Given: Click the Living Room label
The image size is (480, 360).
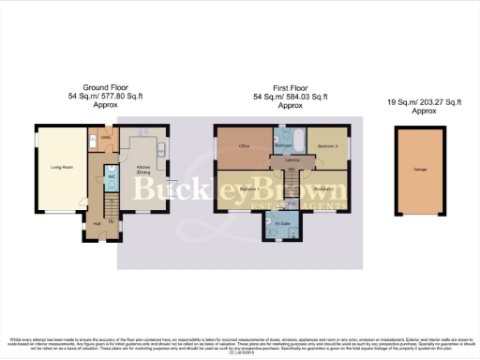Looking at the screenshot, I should coord(61,169).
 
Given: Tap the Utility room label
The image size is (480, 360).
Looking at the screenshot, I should coord(106,139).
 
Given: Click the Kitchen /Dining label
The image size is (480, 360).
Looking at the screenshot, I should coord(143,172).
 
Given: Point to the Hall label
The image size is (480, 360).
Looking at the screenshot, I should coord(97,223).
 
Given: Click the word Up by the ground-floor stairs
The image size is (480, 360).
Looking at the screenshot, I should coord(112,221).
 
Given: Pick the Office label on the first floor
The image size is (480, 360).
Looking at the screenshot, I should coord(243,146).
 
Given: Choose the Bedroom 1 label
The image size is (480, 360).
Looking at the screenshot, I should coord(247,190).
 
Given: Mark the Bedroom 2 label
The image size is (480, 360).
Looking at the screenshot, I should coord(324,190).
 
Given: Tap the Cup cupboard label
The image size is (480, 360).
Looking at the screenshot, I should coord(292,203).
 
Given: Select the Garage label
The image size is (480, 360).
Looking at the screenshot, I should coord(421,171).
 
